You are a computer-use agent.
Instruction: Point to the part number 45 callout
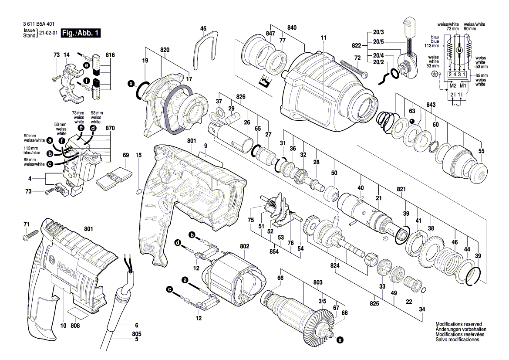[x=203, y=28]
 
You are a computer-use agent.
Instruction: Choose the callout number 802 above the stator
[x=245, y=246]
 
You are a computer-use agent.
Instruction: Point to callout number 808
[x=75, y=326]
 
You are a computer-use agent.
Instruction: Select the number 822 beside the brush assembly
[x=357, y=46]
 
